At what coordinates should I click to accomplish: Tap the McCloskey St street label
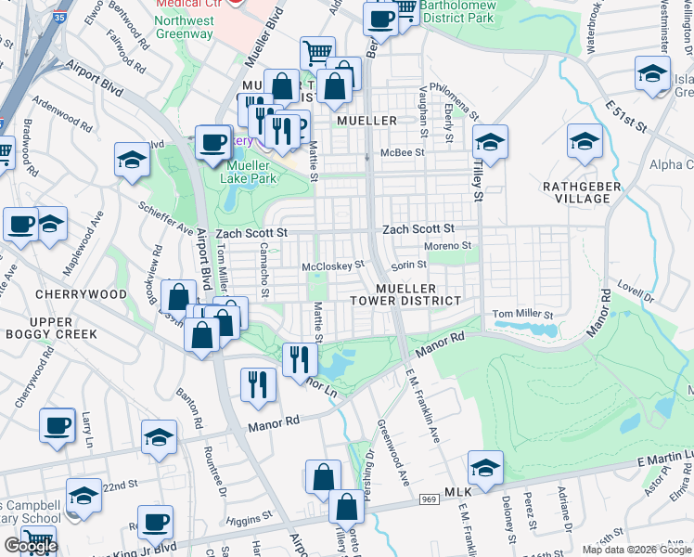[333, 266]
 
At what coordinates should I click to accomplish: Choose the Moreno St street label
[448, 246]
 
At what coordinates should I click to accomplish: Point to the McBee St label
[405, 152]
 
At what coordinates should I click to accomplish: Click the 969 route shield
[427, 499]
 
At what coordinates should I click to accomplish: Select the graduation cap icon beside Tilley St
[490, 142]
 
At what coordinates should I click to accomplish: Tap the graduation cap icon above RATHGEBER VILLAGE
[585, 142]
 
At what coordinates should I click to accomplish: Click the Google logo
[31, 546]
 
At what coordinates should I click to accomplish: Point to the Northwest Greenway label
[184, 27]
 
